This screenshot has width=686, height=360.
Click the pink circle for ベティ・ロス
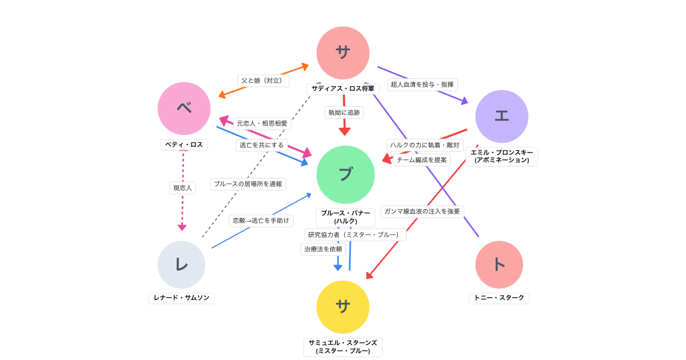184,109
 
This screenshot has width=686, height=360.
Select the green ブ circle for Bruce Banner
345,174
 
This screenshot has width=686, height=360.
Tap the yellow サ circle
343,307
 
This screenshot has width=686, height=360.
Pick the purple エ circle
501,116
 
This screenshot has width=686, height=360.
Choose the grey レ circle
181,265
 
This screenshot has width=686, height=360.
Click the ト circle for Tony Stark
499,265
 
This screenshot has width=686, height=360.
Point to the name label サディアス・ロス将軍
343,89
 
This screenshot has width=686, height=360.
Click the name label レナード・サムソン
181,298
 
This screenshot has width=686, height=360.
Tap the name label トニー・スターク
499,298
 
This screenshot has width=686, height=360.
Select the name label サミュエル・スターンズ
343,346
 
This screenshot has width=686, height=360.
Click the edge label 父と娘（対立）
263,81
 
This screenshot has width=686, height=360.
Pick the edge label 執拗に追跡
344,113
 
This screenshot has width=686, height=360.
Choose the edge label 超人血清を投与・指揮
422,85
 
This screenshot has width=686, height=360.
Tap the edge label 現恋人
183,187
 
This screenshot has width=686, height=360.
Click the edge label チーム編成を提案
422,160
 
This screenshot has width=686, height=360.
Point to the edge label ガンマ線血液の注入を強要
422,211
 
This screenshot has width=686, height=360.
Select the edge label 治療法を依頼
323,249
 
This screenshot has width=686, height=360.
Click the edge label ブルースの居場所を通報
248,184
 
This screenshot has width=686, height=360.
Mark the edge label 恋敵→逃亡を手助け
261,221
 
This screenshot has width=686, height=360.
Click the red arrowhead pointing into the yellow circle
369,276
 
